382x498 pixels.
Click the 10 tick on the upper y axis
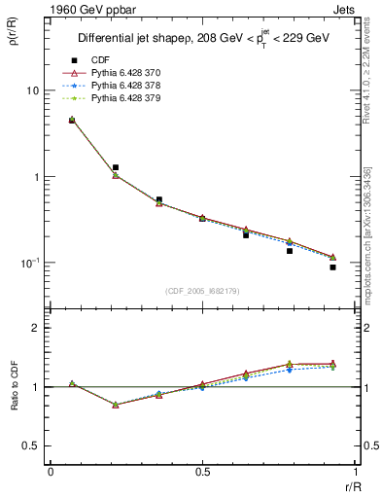pyautogui.click(x=32, y=90)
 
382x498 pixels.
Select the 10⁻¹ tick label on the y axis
pyautogui.click(x=29, y=263)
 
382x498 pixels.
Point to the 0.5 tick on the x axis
pyautogui.click(x=202, y=473)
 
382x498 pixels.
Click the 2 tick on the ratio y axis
pyautogui.click(x=35, y=328)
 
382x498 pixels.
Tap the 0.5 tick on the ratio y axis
pyautogui.click(x=31, y=445)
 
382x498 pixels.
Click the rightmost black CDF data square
pyautogui.click(x=332, y=267)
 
